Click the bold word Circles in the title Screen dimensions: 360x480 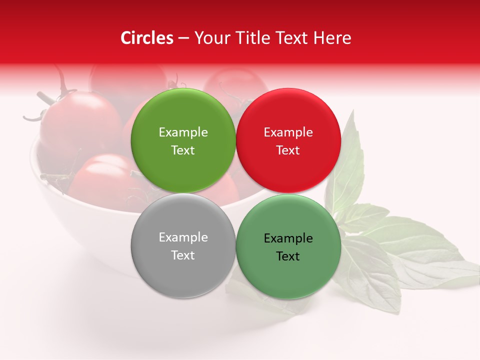pos(147,38)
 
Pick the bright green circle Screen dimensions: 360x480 pos(183,140)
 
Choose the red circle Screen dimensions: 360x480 pos(288,140)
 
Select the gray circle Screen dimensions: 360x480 pos(183,246)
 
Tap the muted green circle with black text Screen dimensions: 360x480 pos(288,246)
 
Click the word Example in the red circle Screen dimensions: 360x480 pos(288,132)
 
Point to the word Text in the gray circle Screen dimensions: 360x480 pos(183,255)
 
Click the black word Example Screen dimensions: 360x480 pos(288,238)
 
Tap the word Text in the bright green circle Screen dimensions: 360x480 pos(183,150)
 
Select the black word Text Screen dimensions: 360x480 pos(288,256)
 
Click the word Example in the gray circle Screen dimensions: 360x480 pos(183,237)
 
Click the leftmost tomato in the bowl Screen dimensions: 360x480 pos(80,122)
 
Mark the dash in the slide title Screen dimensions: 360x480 pos(183,38)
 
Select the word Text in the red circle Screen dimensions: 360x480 pos(288,150)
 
